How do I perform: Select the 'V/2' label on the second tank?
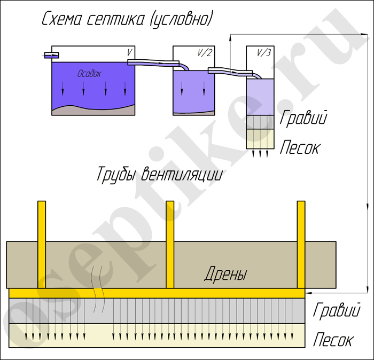204,52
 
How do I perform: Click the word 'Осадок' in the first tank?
89,73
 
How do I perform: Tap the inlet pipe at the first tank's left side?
51,54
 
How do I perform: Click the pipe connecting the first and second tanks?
155,63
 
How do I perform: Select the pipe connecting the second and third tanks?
230,70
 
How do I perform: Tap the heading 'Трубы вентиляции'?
159,175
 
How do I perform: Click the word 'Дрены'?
226,276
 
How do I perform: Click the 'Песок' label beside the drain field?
332,339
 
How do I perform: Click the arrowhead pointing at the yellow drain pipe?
309,293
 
